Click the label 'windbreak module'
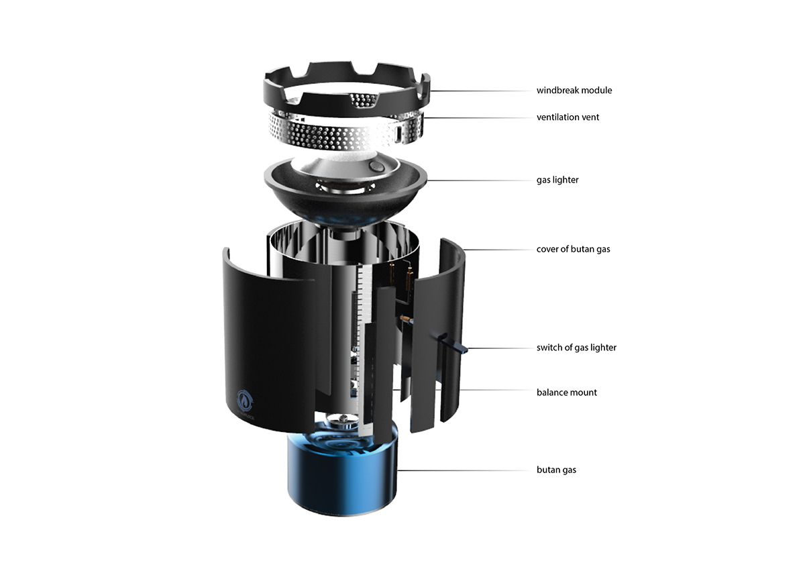point(574,90)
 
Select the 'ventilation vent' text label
point(568,117)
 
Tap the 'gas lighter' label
point(557,180)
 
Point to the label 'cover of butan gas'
point(573,249)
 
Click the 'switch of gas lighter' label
point(576,348)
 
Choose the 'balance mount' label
point(567,393)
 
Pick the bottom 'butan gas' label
point(556,470)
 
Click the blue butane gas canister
point(343,478)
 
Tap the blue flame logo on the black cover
point(244,401)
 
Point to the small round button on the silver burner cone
point(376,166)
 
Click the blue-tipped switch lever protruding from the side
point(454,343)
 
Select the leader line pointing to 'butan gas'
point(465,470)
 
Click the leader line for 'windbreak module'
point(481,91)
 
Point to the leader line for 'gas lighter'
point(480,180)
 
